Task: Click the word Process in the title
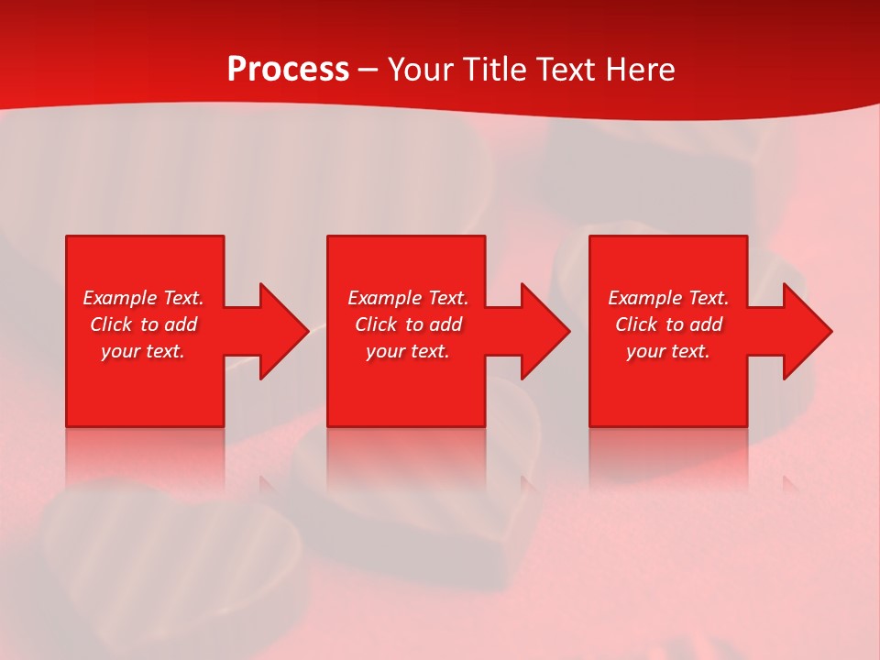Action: pyautogui.click(x=288, y=70)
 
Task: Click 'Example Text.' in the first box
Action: pyautogui.click(x=143, y=298)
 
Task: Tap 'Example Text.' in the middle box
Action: pyautogui.click(x=408, y=298)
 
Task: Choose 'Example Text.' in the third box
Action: pyautogui.click(x=668, y=298)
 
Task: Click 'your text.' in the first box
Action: pyautogui.click(x=143, y=351)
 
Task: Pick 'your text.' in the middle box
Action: pyautogui.click(x=408, y=351)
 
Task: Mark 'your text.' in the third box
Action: pyautogui.click(x=668, y=351)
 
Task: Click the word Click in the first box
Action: pyautogui.click(x=111, y=324)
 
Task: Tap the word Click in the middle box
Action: pyautogui.click(x=376, y=324)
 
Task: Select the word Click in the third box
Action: pyautogui.click(x=636, y=324)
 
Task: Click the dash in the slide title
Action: pyautogui.click(x=368, y=71)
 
